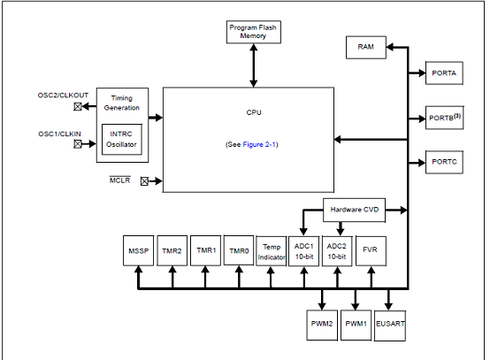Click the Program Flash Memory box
pos(254,32)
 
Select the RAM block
pos(366,47)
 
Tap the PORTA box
pos(444,73)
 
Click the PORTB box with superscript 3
pos(444,118)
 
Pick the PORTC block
pos(444,162)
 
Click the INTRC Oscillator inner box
pos(122,140)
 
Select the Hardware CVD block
pos(354,210)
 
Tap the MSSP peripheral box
pos(139,250)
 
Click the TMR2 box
pos(172,250)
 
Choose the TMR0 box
pos(239,250)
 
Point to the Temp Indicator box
pos(272,251)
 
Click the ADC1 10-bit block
pos(303,251)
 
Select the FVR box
pos(371,251)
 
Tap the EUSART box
pos(390,326)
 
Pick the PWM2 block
pos(322,325)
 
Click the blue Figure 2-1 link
pos(259,144)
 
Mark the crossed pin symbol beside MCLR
pos(144,181)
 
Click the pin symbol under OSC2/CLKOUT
pos(78,106)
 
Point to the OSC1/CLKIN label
pos(59,134)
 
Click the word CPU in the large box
pos(254,112)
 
